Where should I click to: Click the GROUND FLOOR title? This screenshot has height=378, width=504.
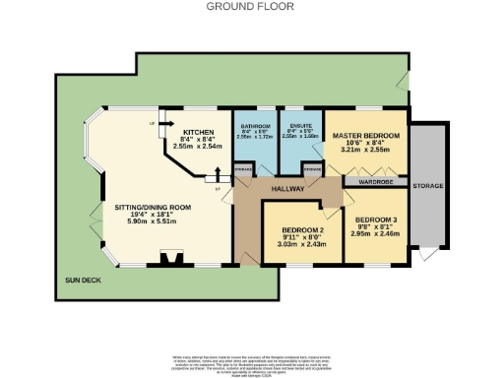pyautogui.click(x=251, y=6)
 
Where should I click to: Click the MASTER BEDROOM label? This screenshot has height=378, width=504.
pyautogui.click(x=365, y=135)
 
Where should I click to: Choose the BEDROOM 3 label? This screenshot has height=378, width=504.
pyautogui.click(x=375, y=220)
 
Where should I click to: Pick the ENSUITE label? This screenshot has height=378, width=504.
pyautogui.click(x=299, y=128)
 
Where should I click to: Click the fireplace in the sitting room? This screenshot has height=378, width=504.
pyautogui.click(x=171, y=259)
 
